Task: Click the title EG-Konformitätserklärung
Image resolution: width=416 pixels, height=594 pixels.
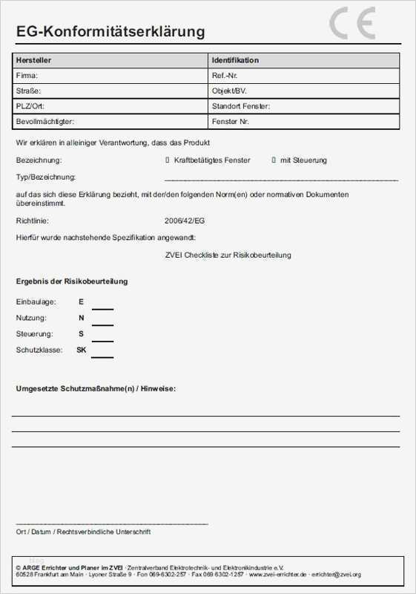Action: click(110, 32)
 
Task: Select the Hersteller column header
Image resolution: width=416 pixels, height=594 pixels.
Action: click(33, 60)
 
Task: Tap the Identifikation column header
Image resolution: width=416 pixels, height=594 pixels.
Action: click(235, 60)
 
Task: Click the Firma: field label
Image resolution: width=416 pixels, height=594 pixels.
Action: click(27, 76)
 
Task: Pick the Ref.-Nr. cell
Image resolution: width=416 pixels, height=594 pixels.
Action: click(225, 76)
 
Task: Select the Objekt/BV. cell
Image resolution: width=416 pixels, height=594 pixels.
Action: click(228, 91)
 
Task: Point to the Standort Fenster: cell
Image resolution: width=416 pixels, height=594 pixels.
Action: click(240, 106)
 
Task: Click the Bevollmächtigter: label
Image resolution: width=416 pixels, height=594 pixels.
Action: click(45, 121)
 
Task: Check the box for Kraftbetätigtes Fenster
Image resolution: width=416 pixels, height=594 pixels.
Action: click(168, 160)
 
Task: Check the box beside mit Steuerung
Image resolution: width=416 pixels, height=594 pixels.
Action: click(274, 160)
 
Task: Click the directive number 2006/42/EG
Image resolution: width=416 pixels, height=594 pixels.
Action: click(185, 221)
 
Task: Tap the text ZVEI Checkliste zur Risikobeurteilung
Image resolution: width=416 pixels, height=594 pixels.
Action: click(228, 255)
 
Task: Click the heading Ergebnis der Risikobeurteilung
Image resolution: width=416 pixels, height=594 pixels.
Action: click(71, 281)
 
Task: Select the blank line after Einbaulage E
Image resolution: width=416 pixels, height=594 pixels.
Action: click(102, 307)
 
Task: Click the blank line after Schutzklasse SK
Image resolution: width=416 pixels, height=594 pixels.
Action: click(102, 356)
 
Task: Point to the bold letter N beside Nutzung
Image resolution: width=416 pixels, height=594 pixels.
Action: click(82, 318)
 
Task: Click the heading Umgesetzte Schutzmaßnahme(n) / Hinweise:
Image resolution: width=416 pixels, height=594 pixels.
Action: click(96, 388)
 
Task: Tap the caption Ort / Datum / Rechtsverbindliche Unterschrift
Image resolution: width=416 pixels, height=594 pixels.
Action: click(83, 532)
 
